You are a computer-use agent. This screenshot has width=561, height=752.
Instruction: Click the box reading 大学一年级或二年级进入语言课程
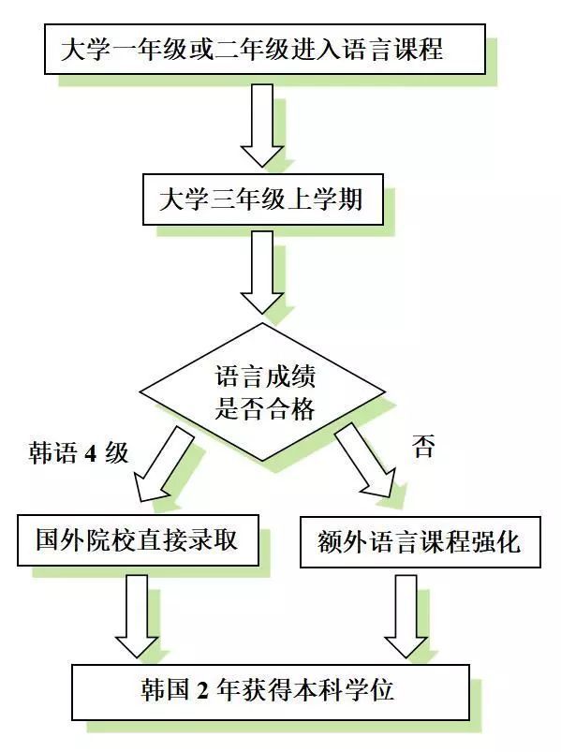[x=265, y=50]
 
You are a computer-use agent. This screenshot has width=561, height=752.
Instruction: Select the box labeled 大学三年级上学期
[x=263, y=199]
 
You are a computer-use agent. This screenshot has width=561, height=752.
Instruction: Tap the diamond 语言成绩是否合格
[x=262, y=391]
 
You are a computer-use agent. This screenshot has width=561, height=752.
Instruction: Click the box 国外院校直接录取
[x=138, y=540]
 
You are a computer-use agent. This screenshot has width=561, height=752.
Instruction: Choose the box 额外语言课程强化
[x=420, y=542]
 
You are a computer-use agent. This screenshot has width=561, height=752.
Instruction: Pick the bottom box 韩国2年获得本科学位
[x=271, y=691]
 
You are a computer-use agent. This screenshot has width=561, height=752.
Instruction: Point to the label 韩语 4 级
[x=78, y=451]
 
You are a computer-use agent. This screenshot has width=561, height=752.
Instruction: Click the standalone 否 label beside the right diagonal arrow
[x=423, y=446]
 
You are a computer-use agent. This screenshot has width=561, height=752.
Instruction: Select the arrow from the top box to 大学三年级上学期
[x=262, y=125]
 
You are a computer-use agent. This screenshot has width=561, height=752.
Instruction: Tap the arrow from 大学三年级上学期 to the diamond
[x=262, y=273]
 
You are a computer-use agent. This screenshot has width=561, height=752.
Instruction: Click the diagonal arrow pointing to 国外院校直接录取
[x=163, y=464]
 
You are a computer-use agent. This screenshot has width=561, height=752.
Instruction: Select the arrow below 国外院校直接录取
[x=137, y=616]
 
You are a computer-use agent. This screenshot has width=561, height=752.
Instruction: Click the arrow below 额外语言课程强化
[x=406, y=616]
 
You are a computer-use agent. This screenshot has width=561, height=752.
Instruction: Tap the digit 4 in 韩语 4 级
[x=91, y=452]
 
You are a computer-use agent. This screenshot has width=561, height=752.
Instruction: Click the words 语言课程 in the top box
[x=392, y=50]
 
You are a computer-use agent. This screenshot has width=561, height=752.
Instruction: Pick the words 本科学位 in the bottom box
[x=344, y=690]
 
